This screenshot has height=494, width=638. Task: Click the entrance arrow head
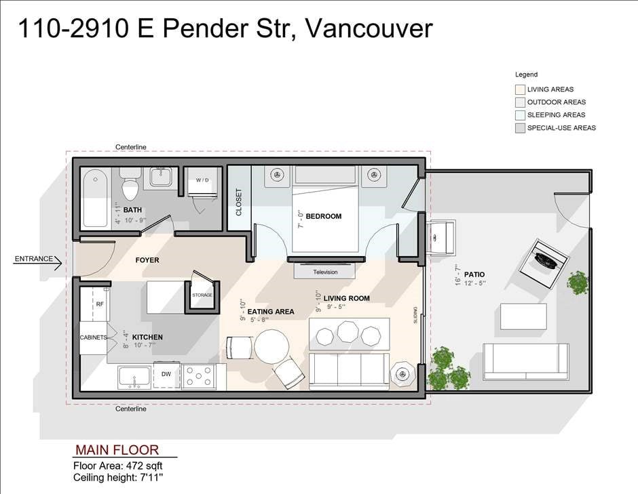point(58,263)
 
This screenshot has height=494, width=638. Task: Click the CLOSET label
point(239,202)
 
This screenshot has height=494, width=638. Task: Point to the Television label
point(325,272)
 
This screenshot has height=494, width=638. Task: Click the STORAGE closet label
point(202,295)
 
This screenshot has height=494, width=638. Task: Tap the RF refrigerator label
point(100,304)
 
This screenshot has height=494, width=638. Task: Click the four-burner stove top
point(199,376)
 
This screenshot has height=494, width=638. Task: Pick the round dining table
point(271,346)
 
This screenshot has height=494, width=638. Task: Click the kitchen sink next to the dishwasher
point(134,377)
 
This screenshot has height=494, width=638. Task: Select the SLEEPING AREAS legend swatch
point(520,115)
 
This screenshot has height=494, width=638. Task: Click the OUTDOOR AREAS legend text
point(557,102)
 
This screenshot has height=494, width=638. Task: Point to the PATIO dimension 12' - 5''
point(474,283)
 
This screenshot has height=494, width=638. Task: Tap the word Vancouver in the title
point(369,28)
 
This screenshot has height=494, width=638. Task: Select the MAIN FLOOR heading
point(117,450)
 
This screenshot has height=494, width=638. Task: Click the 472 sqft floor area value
point(145,466)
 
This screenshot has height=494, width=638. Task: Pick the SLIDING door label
point(415,315)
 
